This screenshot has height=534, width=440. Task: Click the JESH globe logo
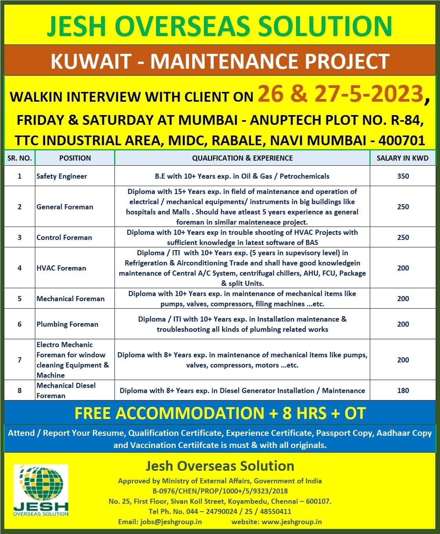41,490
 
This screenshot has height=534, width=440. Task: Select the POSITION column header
75,158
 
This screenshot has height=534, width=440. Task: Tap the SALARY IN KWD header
402,158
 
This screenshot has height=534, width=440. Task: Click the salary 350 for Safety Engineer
403,176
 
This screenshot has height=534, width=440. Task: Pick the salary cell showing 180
403,391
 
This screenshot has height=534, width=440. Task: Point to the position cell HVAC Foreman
61,268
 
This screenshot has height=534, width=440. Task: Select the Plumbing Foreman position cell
67,324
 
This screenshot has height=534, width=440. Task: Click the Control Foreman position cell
64,238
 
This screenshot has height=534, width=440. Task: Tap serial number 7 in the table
20,360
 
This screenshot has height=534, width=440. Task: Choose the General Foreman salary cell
403,207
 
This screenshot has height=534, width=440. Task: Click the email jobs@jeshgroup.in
171,522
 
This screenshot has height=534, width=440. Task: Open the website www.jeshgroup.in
291,522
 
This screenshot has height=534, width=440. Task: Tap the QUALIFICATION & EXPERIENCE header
242,158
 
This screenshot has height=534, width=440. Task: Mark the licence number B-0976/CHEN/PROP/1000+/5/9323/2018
220,491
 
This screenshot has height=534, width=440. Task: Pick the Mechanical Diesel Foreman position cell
66,390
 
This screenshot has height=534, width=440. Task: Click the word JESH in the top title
77,26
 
